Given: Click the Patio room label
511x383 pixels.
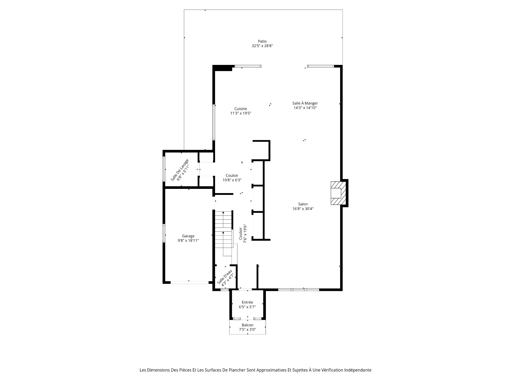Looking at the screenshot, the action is [x=262, y=41].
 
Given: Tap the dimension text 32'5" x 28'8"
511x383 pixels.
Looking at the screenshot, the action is [x=262, y=46].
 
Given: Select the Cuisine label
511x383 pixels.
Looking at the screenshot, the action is [x=241, y=109].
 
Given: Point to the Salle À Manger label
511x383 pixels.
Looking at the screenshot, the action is [x=305, y=103].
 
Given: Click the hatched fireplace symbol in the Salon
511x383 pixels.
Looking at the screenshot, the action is [x=338, y=193].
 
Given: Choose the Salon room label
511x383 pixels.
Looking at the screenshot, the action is [x=303, y=204].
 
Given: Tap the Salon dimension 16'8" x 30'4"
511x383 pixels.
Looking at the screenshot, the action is [x=303, y=209].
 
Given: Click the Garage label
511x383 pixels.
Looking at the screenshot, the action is [x=188, y=236].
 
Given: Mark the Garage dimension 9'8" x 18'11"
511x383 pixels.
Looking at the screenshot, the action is [x=188, y=240].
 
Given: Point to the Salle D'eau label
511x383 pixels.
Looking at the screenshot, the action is [x=225, y=277].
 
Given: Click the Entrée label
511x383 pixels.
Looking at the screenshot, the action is [x=247, y=302].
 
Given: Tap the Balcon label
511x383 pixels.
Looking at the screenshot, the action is [x=248, y=325].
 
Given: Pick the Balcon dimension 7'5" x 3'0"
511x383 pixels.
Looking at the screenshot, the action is [x=248, y=330].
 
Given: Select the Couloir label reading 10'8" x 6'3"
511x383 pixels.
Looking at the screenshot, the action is [x=232, y=178].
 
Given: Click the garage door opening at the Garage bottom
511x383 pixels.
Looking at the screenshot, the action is [x=189, y=282].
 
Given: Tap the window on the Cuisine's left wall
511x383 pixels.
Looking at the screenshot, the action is [x=214, y=122].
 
